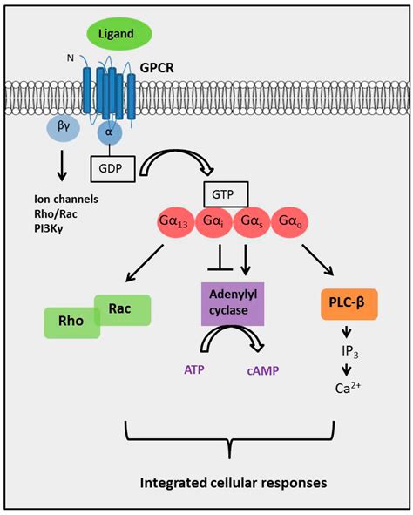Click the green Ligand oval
pyautogui.click(x=117, y=34)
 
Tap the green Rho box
pyautogui.click(x=71, y=322)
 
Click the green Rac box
pyautogui.click(x=121, y=308)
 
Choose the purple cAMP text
pyautogui.click(x=266, y=371)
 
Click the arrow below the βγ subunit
pyautogui.click(x=64, y=166)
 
